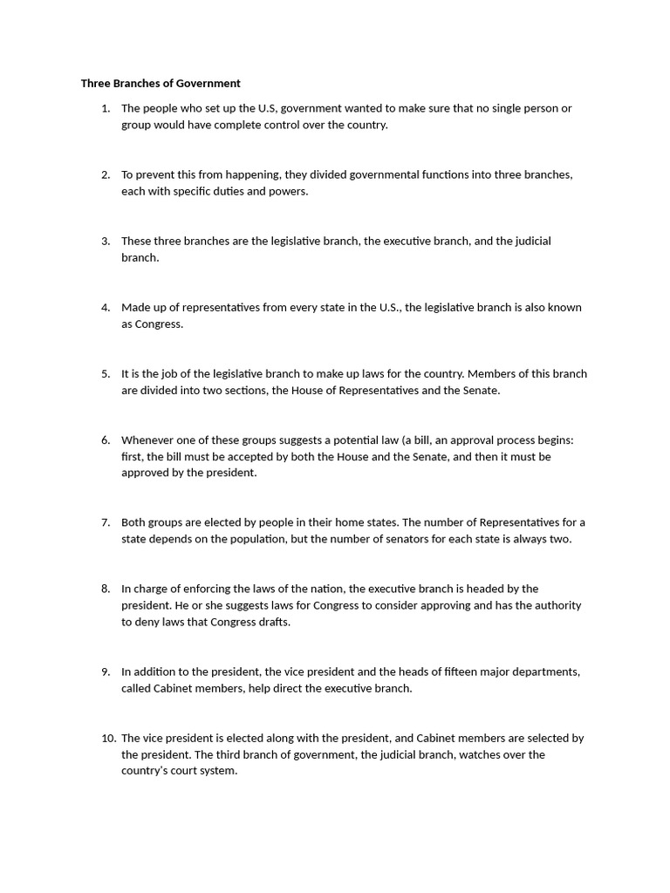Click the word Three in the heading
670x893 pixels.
click(x=97, y=84)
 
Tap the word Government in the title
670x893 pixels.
click(x=207, y=84)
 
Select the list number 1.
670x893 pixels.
click(x=106, y=108)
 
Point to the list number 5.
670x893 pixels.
click(x=106, y=373)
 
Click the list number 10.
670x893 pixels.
click(x=108, y=738)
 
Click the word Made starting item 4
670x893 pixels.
click(x=135, y=307)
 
